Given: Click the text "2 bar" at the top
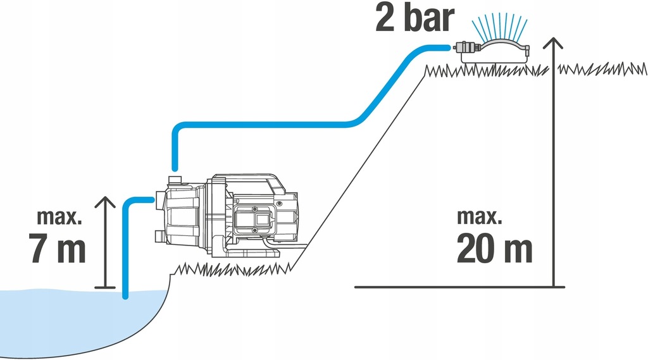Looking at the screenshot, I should click(x=414, y=18).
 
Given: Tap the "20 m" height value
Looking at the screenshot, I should click(x=494, y=251).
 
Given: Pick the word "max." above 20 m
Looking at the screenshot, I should click(x=479, y=217).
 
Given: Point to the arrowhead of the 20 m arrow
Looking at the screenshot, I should click(x=554, y=43).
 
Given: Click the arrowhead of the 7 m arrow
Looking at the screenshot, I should click(x=105, y=202).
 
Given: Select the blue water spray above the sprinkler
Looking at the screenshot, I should click(x=500, y=28).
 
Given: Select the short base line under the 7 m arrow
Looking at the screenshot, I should click(x=105, y=289).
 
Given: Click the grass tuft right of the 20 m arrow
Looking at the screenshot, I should click(x=601, y=68).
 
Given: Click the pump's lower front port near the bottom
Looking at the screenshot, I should click(x=159, y=237).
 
